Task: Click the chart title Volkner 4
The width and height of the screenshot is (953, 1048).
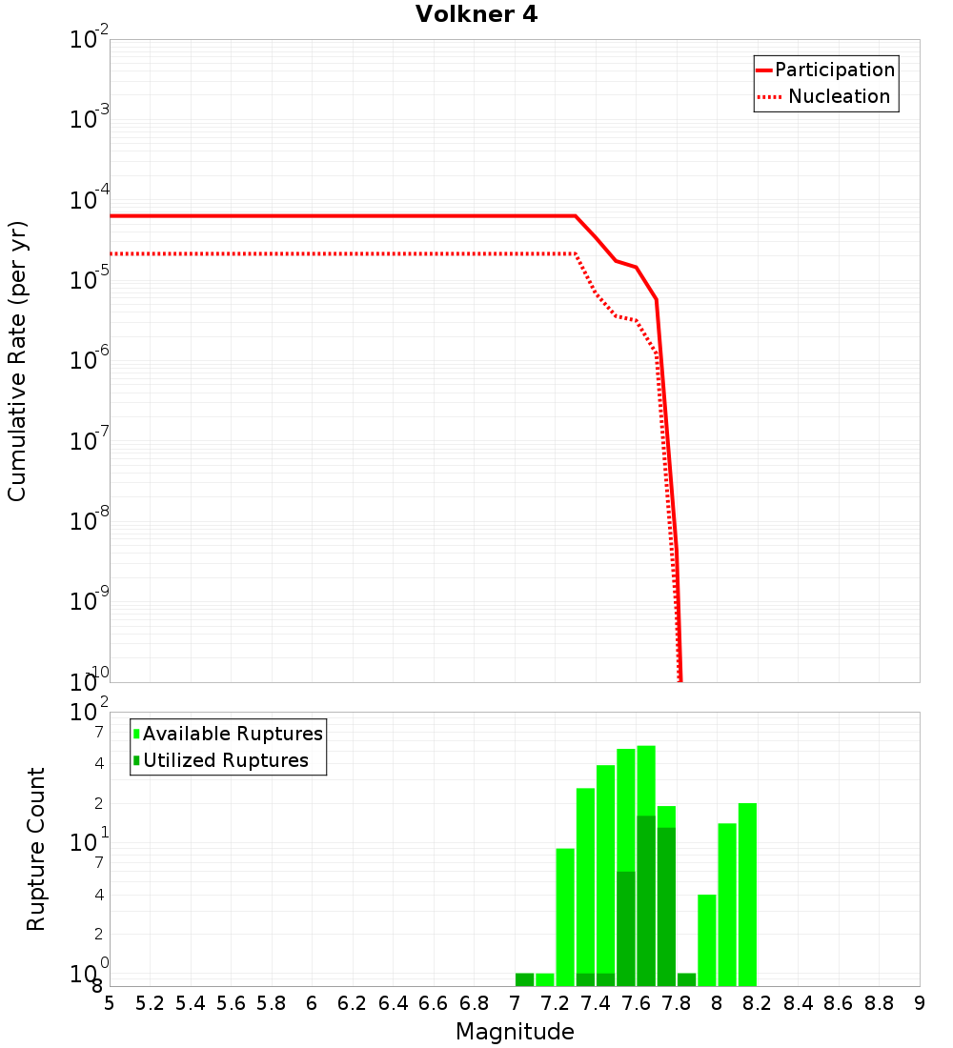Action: click(476, 15)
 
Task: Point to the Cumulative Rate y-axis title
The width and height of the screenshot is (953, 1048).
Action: click(17, 360)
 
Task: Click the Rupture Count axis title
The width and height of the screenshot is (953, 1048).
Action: click(36, 849)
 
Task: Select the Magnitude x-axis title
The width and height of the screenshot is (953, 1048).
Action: click(515, 1032)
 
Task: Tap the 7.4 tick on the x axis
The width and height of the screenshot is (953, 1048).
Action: click(596, 1003)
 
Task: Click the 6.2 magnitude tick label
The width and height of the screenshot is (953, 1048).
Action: click(353, 1003)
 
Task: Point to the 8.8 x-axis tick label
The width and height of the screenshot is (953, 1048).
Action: click(880, 1003)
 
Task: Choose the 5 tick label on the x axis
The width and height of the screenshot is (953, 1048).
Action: click(110, 1003)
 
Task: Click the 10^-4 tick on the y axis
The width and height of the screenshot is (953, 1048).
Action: click(91, 200)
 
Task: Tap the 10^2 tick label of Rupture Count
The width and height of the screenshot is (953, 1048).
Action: click(91, 713)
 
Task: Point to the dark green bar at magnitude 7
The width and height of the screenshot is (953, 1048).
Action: click(524, 979)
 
